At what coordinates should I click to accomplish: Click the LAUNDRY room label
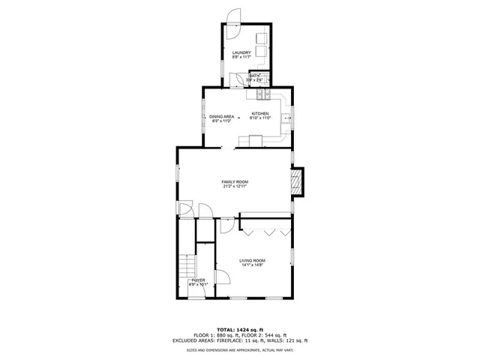click(241, 52)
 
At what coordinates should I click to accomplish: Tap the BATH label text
click(254, 76)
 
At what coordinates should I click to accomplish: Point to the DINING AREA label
click(222, 116)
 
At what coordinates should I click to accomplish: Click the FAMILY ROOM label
click(235, 182)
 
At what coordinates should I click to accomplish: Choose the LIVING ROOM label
click(253, 260)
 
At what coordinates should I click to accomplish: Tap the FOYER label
click(197, 280)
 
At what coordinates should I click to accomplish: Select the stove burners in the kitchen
click(263, 94)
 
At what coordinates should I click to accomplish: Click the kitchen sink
click(286, 118)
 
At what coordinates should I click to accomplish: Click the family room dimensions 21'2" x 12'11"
click(235, 187)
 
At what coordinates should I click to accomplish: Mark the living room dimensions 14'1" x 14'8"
click(253, 265)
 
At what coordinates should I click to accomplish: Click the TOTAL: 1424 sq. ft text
click(239, 330)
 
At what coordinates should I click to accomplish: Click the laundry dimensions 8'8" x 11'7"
click(241, 56)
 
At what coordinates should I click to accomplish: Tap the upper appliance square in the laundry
click(262, 38)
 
